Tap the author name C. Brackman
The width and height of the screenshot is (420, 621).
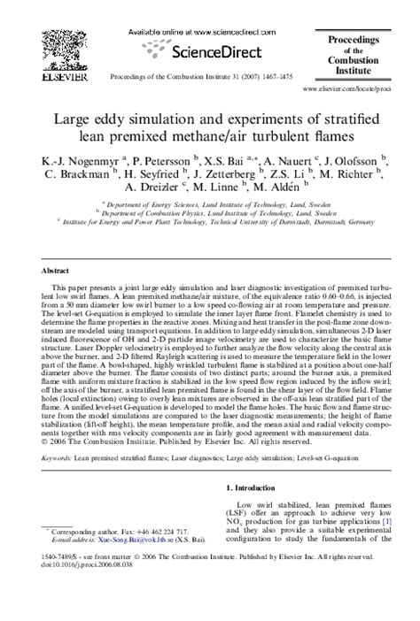[82, 174]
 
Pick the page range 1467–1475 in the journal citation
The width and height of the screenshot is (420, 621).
[271, 76]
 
